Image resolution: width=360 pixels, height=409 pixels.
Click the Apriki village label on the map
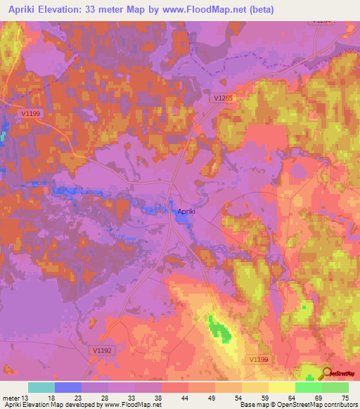click(x=186, y=210)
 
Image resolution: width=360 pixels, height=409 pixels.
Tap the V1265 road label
click(x=223, y=100)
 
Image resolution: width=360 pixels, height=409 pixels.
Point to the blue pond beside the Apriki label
click(x=182, y=219)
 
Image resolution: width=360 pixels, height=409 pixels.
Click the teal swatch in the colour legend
click(x=41, y=387)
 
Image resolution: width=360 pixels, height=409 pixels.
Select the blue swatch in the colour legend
click(x=68, y=387)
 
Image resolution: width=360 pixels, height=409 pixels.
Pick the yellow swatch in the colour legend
click(x=282, y=387)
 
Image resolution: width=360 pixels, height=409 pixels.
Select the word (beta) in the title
click(x=258, y=10)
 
